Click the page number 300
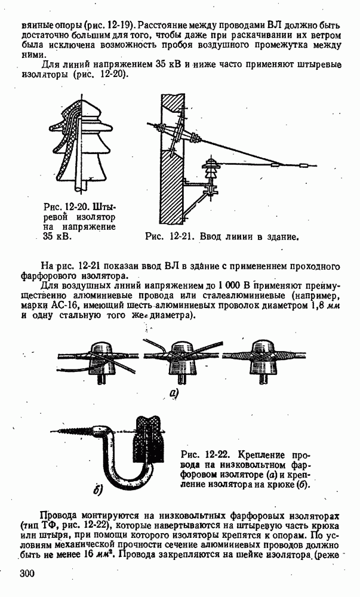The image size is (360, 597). coord(27,574)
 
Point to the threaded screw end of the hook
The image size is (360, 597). coord(72,431)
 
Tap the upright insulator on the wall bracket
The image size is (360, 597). coord(210,174)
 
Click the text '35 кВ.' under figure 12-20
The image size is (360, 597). coord(57,236)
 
